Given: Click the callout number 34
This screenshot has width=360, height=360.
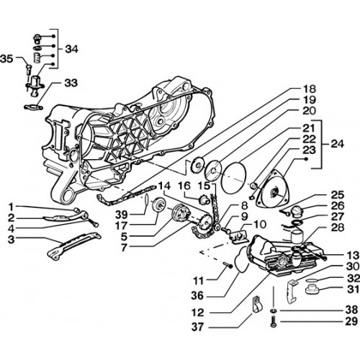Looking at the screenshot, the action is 72,49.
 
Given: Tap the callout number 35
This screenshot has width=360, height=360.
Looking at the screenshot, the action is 6,59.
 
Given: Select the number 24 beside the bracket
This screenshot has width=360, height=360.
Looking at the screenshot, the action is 338,144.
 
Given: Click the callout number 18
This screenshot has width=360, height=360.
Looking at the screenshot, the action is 310,89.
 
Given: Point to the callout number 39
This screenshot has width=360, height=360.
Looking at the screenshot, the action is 122,215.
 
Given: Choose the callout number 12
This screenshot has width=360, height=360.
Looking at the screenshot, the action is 198,312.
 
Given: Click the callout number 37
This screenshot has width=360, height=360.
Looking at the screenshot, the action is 197,327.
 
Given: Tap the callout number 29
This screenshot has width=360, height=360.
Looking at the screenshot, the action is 351,322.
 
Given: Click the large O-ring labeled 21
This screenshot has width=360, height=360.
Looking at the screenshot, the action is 234,177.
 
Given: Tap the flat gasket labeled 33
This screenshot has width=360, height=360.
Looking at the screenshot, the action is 34,107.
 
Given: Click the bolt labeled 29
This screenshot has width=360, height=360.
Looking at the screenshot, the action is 274,322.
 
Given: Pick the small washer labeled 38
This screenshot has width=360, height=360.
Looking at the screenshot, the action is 274,311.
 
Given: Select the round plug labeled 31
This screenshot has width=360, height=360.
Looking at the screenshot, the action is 311,289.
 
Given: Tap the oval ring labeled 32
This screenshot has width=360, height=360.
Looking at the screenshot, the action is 312,280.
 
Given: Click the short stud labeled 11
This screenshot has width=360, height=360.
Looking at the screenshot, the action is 228,266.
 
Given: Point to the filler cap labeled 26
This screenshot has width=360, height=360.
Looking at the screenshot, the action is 297,211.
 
